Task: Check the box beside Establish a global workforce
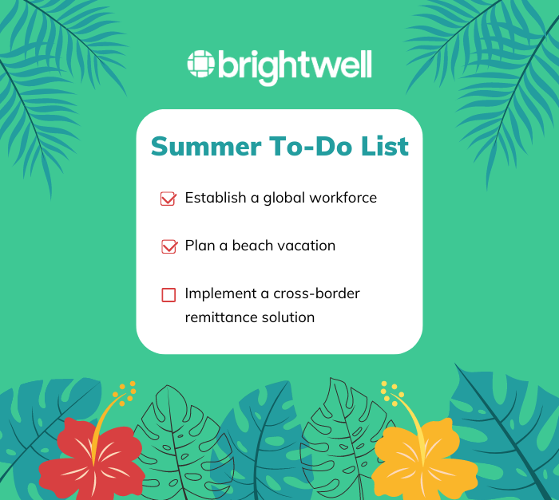168,199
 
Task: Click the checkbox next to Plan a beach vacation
168,246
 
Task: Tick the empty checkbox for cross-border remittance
168,294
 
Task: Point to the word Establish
214,198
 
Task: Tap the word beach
252,246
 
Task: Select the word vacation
306,246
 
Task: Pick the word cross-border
315,293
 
